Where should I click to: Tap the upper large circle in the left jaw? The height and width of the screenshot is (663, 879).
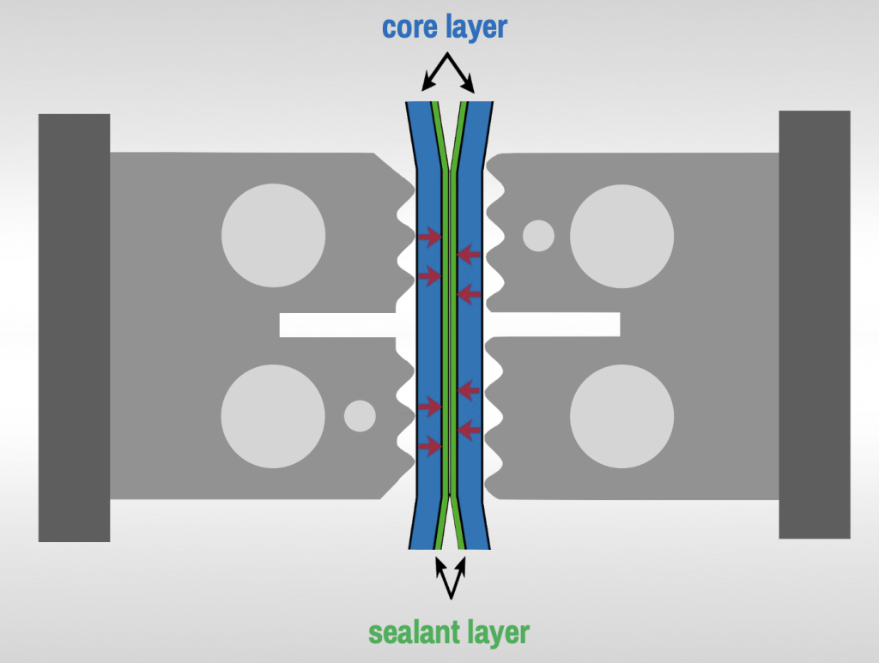[273, 235]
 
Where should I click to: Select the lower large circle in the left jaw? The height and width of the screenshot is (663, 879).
[273, 416]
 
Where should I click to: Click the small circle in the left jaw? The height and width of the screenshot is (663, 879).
[359, 416]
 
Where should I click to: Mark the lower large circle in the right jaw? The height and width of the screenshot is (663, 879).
[621, 416]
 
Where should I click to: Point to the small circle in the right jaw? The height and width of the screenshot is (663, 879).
[538, 235]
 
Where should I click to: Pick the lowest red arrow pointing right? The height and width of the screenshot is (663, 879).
[428, 445]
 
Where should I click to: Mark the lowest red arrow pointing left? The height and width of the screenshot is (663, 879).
[468, 428]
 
